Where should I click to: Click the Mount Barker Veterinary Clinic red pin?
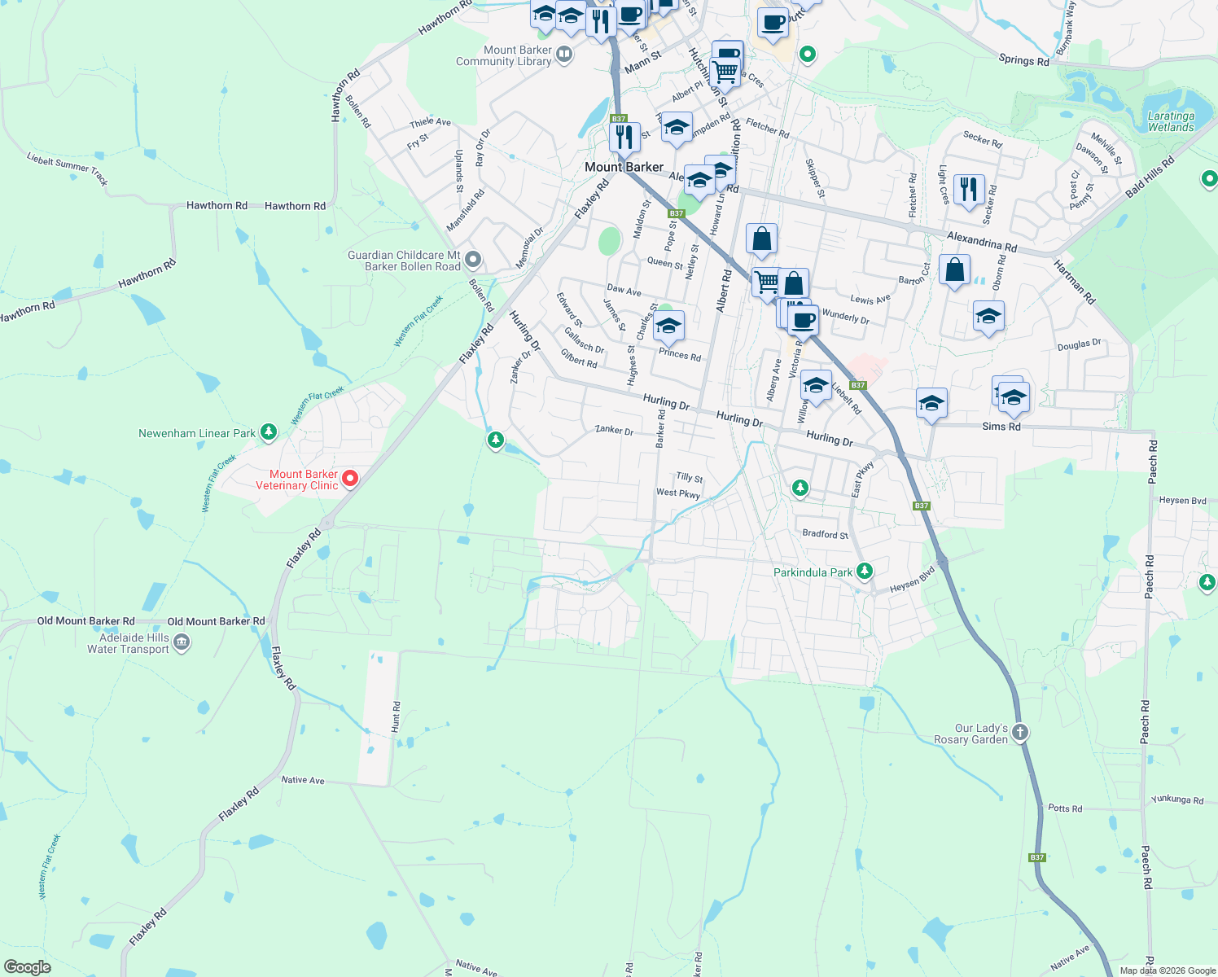pos(350,479)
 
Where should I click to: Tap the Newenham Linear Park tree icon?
pos(269,433)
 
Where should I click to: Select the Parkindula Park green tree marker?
pos(865,572)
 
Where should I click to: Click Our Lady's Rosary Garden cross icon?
pos(1020,732)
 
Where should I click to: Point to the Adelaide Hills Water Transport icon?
pos(182,643)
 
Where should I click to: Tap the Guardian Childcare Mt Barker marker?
pos(473,261)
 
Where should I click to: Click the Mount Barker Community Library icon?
pos(564,55)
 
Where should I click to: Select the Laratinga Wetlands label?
pos(1171,121)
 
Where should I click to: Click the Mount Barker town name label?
pos(624,167)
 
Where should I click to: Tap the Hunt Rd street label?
pos(397,716)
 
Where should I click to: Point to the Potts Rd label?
pos(1065,808)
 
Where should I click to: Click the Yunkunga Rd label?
pos(1176,800)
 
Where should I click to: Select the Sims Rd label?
pos(1001,427)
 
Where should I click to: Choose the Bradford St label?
pos(825,534)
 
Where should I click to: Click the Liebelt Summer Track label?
pos(68,169)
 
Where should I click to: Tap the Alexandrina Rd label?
pos(981,241)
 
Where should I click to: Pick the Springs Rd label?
pos(1023,60)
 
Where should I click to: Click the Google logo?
pos(27,967)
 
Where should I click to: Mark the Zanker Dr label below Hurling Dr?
pos(614,430)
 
